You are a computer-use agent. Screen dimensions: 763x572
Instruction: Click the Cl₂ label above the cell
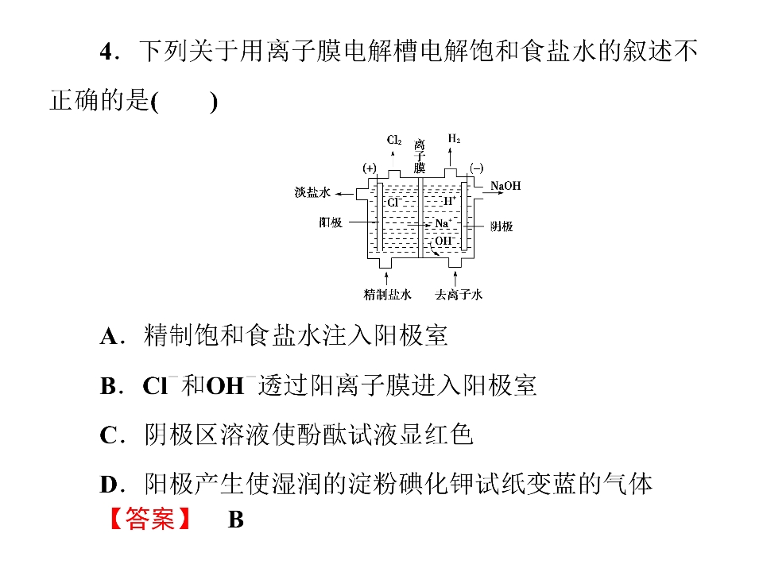coord(394,140)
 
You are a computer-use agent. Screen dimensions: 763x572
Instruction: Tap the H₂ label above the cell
coord(454,138)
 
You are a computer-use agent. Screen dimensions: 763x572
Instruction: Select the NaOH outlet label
coord(505,186)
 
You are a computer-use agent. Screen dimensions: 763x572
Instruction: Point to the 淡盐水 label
coord(312,192)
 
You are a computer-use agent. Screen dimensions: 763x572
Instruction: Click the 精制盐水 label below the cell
coord(387,294)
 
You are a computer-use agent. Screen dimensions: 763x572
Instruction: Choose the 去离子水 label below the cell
coord(459,294)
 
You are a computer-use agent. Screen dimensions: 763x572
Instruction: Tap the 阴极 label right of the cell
coord(502,226)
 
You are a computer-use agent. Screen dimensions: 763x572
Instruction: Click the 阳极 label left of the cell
coord(331,222)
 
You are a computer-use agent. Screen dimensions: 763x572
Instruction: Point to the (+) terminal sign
coord(370,168)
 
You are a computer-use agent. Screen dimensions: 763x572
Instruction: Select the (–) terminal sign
coord(476,168)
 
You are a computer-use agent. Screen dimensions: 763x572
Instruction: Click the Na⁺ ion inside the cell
coord(443,223)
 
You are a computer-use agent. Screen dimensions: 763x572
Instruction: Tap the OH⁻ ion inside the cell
coord(445,240)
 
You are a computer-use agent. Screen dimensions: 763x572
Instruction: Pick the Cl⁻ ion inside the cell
coord(394,202)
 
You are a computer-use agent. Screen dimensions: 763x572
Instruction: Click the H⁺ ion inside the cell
coord(450,200)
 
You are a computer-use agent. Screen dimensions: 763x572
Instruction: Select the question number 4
coord(106,52)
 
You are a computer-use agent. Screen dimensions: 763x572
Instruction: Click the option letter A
coord(109,337)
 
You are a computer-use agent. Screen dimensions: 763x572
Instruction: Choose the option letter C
coord(109,435)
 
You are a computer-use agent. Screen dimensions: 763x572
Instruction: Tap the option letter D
coord(109,485)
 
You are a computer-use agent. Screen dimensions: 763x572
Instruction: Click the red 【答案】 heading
coord(150,519)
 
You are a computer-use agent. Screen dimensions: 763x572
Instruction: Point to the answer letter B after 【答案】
coord(236,520)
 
